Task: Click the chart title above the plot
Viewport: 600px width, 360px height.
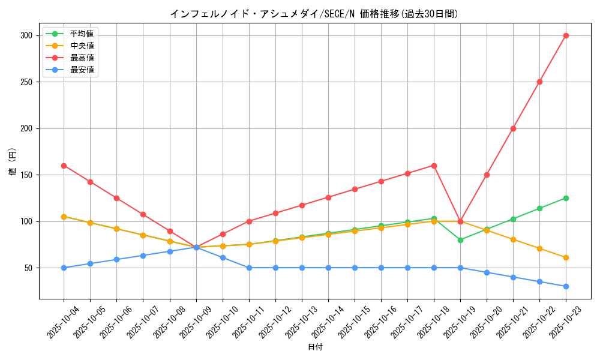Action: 314,14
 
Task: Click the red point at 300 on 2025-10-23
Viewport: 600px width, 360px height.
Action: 566,35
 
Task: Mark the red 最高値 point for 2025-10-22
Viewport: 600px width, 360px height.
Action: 539,82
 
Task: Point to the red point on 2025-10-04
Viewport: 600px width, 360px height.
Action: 64,166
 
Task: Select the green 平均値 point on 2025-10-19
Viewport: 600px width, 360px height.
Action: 460,240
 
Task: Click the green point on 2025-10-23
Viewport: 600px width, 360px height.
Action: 566,198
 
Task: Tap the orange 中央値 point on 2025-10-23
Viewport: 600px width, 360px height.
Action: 566,257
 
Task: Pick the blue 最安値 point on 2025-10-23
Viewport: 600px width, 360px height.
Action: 566,286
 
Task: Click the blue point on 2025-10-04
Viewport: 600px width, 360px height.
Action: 64,268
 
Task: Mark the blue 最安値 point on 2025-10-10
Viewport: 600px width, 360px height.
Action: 223,257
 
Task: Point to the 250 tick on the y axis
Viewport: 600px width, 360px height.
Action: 25,82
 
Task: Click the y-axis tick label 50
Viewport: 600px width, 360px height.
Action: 28,268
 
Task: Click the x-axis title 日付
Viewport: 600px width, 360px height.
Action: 315,347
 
